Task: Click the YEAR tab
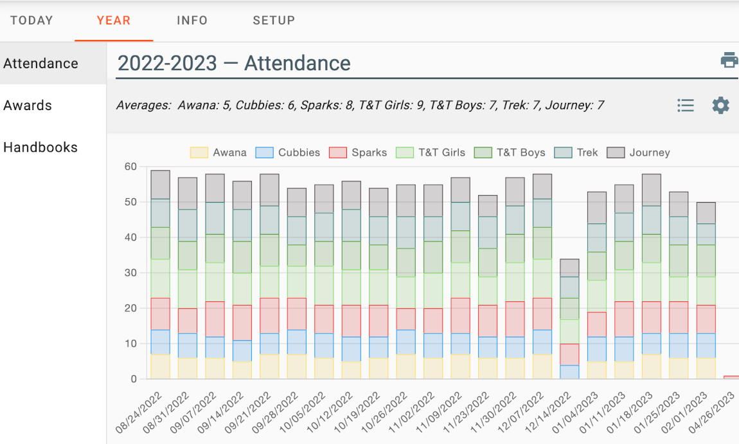[114, 21]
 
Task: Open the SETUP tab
[274, 21]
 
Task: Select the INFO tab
[192, 21]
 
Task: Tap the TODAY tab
[31, 21]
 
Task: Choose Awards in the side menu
[28, 106]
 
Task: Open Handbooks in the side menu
[40, 147]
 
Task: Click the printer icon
[729, 60]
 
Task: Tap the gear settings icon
[721, 106]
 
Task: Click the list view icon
[686, 106]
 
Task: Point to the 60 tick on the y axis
[130, 167]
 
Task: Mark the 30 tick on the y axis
[130, 273]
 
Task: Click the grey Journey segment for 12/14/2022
[569, 268]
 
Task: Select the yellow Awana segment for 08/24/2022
[160, 367]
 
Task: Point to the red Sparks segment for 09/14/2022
[242, 323]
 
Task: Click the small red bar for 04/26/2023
[731, 377]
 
